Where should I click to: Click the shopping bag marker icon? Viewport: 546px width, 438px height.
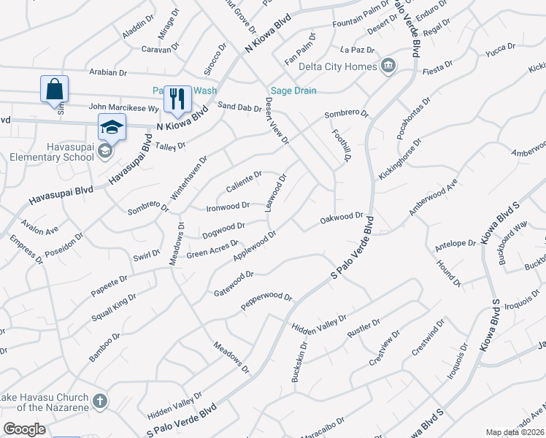[54, 90]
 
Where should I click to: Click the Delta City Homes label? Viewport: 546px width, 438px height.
[338, 67]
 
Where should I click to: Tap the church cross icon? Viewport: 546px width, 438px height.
[100, 401]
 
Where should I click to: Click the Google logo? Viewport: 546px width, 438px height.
[24, 429]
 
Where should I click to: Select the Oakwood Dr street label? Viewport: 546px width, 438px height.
[342, 218]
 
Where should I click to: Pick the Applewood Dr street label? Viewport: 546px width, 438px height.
[254, 246]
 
